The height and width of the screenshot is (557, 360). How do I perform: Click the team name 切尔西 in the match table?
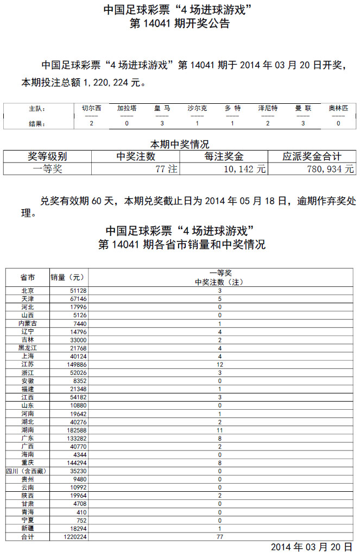click(x=91, y=108)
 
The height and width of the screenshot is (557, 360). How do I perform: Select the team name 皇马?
click(x=162, y=108)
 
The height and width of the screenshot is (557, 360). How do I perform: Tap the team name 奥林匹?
click(x=338, y=108)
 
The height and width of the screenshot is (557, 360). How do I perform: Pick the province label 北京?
click(x=27, y=291)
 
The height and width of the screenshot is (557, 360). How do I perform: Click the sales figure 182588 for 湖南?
click(x=76, y=430)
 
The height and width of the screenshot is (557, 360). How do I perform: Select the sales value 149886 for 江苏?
click(x=76, y=364)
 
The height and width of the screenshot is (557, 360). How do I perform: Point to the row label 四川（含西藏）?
click(x=27, y=471)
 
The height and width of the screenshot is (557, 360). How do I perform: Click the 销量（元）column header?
click(x=68, y=277)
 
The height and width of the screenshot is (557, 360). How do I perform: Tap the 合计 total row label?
click(x=27, y=536)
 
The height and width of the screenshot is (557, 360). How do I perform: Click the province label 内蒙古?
click(x=27, y=323)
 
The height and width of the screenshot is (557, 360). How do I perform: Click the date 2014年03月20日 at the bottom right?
click(x=312, y=547)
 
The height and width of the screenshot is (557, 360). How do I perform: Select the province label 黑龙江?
click(x=27, y=347)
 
